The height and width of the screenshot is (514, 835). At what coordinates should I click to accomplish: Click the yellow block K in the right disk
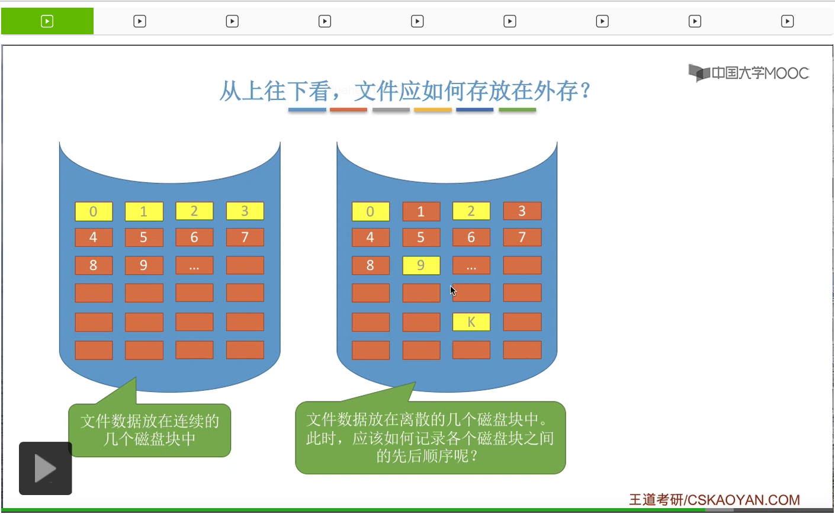(x=471, y=322)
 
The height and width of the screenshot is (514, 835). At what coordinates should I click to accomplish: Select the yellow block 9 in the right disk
(x=421, y=265)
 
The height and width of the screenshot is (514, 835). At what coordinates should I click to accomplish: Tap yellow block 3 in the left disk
(x=245, y=211)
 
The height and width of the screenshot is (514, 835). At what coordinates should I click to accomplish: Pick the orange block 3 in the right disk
(x=522, y=211)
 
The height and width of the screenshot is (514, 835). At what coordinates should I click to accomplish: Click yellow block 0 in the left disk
(x=94, y=211)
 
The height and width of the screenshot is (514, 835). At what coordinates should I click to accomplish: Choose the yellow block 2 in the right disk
(x=471, y=211)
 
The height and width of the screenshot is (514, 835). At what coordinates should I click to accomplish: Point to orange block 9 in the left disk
(x=144, y=265)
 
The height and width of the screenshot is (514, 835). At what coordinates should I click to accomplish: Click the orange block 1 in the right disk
(x=421, y=211)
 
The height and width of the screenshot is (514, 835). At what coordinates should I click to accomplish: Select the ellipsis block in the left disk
(x=194, y=265)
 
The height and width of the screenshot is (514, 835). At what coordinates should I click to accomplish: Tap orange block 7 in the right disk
(x=522, y=237)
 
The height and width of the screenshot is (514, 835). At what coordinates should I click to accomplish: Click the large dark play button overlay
(x=46, y=468)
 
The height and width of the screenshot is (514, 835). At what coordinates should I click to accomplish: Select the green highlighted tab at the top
(x=47, y=21)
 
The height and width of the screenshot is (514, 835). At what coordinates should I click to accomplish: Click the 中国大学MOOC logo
(x=749, y=73)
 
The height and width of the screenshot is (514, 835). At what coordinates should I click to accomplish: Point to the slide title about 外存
(x=406, y=91)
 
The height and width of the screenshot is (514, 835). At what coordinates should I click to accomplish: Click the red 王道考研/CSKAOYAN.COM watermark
(x=714, y=500)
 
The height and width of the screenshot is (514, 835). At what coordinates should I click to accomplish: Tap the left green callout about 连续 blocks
(x=150, y=430)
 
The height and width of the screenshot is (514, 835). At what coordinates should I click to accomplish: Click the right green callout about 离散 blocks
(x=431, y=438)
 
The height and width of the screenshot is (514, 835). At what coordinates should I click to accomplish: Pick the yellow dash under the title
(x=433, y=110)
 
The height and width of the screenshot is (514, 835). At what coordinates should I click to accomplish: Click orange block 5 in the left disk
(x=144, y=237)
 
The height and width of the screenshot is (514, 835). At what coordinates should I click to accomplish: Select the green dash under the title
(x=517, y=110)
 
